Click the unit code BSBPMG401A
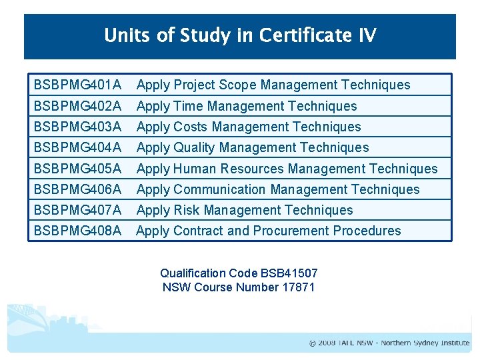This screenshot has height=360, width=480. pyautogui.click(x=77, y=85)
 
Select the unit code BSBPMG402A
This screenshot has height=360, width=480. pyautogui.click(x=77, y=106)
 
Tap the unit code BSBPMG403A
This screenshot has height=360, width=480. pyautogui.click(x=77, y=127)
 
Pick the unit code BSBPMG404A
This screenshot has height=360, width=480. pyautogui.click(x=77, y=147)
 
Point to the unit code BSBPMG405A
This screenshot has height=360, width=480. pyautogui.click(x=77, y=169)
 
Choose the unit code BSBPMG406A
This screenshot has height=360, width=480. pyautogui.click(x=77, y=189)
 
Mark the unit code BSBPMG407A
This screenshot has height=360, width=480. pyautogui.click(x=77, y=210)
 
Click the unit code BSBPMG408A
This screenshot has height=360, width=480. pyautogui.click(x=77, y=231)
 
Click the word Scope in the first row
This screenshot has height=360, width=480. pyautogui.click(x=238, y=85)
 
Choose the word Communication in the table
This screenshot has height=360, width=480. pyautogui.click(x=219, y=189)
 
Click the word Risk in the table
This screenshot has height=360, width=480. pyautogui.click(x=187, y=210)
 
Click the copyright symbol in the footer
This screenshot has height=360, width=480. pyautogui.click(x=313, y=343)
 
